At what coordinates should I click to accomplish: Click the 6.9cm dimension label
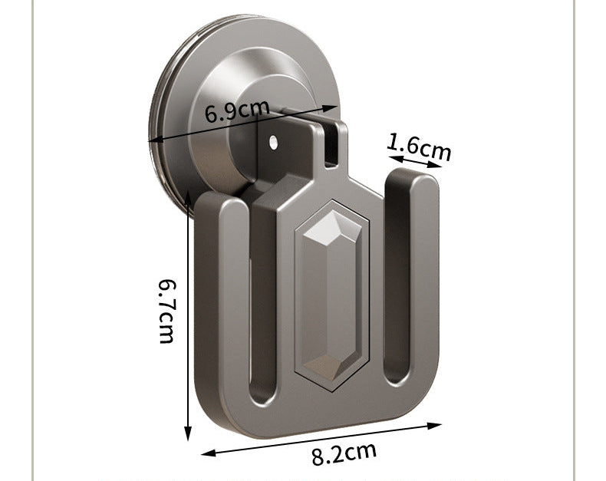(236, 111)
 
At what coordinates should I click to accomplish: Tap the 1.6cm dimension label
(419, 147)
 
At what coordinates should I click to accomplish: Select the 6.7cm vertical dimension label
(167, 311)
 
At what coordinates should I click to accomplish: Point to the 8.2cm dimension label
(344, 454)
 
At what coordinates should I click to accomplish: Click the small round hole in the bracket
(274, 142)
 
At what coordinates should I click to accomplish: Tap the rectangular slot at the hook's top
(331, 146)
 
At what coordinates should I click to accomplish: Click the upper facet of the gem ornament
(332, 229)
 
